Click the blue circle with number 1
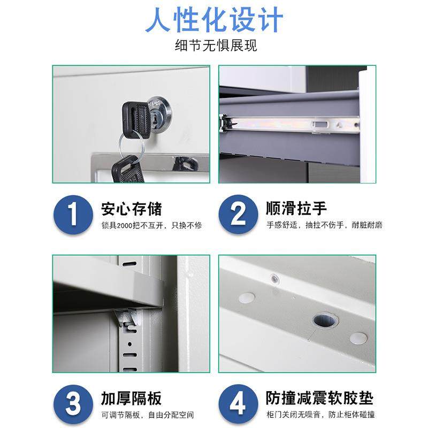(x=73, y=215)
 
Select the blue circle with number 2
(x=238, y=215)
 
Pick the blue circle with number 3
(x=73, y=404)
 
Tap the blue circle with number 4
(x=238, y=404)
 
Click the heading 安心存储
(x=131, y=208)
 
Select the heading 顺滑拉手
(x=296, y=208)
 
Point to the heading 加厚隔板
(x=131, y=398)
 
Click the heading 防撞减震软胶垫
(x=319, y=398)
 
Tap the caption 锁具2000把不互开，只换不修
(x=151, y=225)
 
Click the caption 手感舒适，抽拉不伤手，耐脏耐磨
(x=324, y=225)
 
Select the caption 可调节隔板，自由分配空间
(x=147, y=415)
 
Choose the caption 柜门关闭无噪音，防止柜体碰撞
(x=320, y=415)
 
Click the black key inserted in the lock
(x=136, y=116)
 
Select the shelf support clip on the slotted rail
(x=127, y=319)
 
